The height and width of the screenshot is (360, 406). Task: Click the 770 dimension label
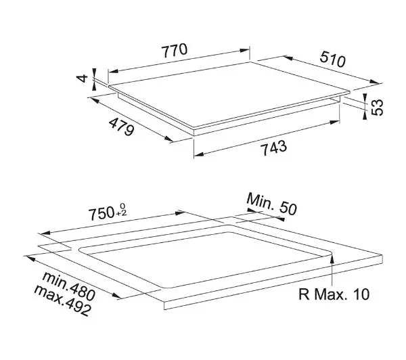pos(175,50)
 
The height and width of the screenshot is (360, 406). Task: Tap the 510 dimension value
pos(332,59)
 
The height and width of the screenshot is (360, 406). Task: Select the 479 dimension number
pos(121,127)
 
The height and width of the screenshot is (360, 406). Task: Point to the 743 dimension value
pos(273,148)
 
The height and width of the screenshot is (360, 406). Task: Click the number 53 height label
pos(377,107)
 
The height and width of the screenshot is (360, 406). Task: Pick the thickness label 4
pos(83,78)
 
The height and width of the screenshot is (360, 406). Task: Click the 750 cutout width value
pos(101,213)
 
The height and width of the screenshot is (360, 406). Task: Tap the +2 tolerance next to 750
pos(121,213)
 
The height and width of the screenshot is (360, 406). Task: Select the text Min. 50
pos(271,204)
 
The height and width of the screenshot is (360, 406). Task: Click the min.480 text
pos(69,286)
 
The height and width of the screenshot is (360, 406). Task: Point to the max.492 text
pos(63,300)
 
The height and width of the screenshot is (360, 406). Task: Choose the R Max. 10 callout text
pos(334,294)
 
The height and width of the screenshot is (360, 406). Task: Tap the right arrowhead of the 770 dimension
pos(245,50)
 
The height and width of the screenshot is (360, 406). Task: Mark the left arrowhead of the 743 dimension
pos(198,154)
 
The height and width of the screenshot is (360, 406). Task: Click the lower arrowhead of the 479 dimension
pos(168,139)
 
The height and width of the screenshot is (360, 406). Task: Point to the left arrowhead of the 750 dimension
pos(45,233)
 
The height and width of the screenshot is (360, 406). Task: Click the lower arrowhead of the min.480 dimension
pos(116,296)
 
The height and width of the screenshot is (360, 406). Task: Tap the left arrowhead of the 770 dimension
pos(113,71)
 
